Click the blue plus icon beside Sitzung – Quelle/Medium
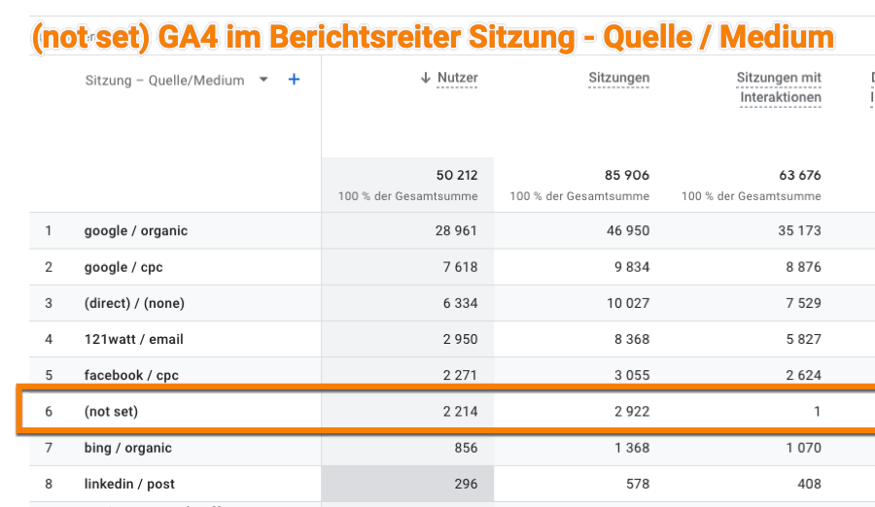point(294,80)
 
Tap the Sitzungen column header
point(618,78)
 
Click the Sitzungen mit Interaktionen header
point(779,87)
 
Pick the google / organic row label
point(135,231)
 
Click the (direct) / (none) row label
point(134,303)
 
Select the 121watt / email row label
point(133,339)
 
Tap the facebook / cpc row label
point(131,375)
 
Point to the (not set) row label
point(111,412)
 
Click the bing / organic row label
point(127,448)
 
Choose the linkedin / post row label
point(129,484)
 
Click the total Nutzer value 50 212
point(457,176)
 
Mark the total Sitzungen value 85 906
point(626,176)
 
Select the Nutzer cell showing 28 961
point(457,231)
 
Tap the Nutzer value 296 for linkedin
point(465,484)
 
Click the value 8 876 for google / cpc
point(800,267)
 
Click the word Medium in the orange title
point(779,37)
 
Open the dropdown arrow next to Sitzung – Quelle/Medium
point(263,80)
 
